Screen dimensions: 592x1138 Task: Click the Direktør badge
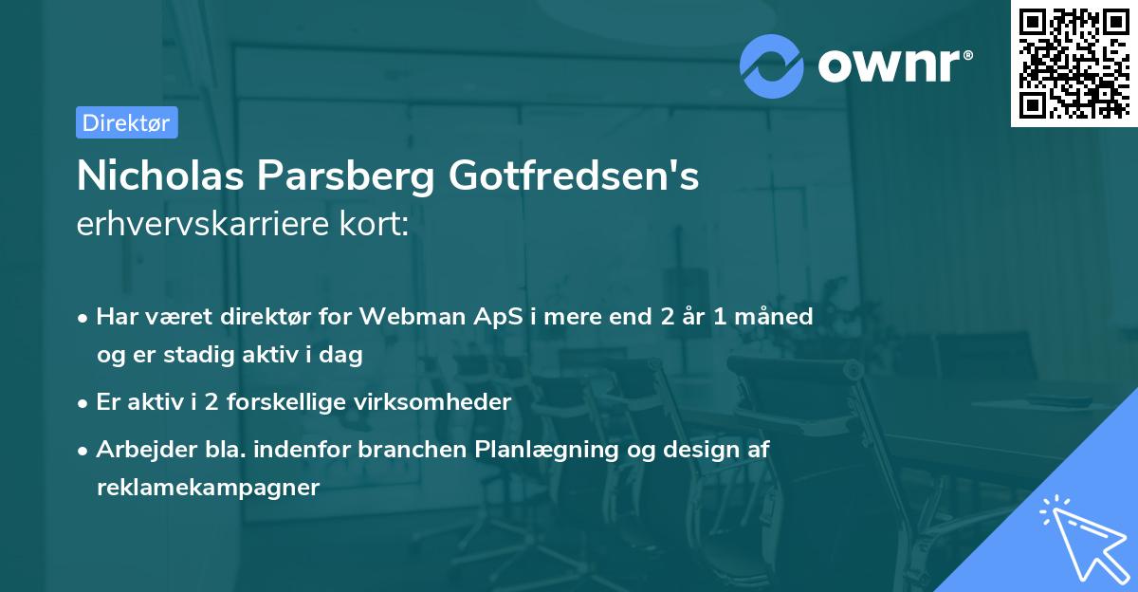point(126,122)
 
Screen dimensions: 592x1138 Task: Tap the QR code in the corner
point(1074,63)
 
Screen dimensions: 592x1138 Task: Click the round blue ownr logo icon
point(773,65)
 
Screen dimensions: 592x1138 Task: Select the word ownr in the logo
point(892,65)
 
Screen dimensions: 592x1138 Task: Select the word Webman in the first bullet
point(427,317)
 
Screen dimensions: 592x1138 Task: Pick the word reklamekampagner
point(209,488)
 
